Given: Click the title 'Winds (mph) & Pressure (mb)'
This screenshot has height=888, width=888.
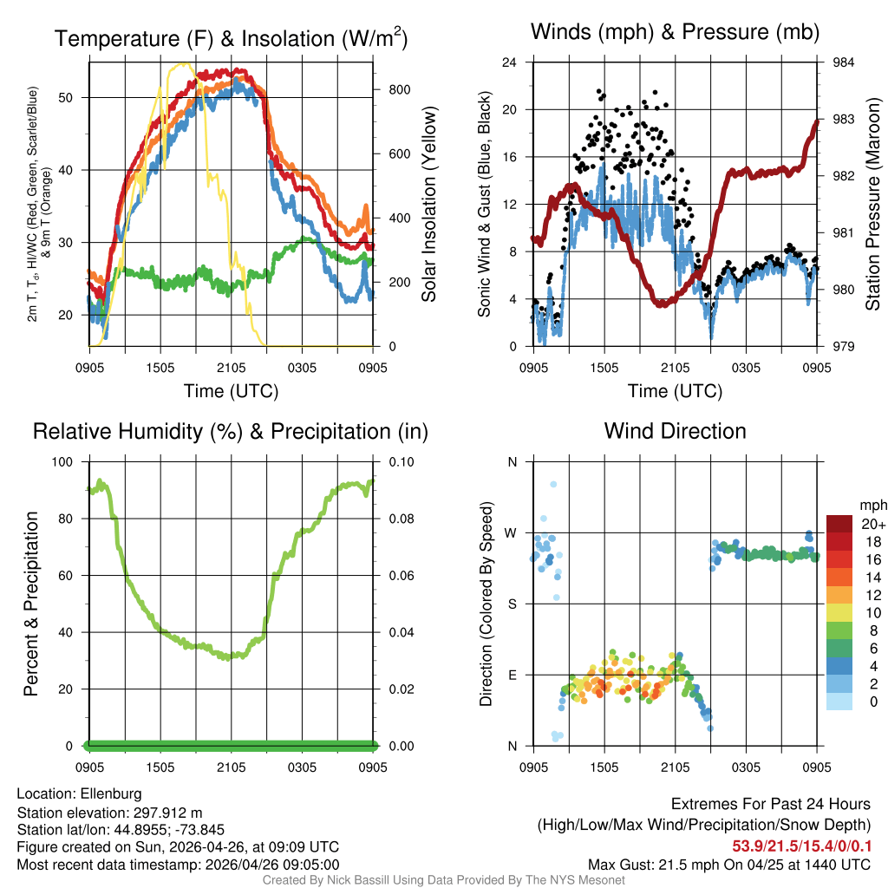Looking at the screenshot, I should click(675, 33).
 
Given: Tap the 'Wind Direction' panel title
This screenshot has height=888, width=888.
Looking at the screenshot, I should click(675, 431).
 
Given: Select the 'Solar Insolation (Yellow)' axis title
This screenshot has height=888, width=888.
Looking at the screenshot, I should click(428, 205).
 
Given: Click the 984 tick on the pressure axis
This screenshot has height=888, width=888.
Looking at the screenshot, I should click(843, 62).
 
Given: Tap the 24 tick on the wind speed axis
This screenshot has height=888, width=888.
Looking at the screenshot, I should click(510, 62).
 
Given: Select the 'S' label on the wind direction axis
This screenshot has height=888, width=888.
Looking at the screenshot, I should click(512, 604).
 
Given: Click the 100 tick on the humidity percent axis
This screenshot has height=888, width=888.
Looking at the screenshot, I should click(67, 462).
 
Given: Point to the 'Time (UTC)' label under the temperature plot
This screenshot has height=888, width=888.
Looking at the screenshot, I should click(231, 391).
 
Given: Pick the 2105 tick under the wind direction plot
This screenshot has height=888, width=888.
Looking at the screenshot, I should click(675, 767).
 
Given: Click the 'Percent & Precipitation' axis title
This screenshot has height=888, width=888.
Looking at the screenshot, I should click(30, 604).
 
